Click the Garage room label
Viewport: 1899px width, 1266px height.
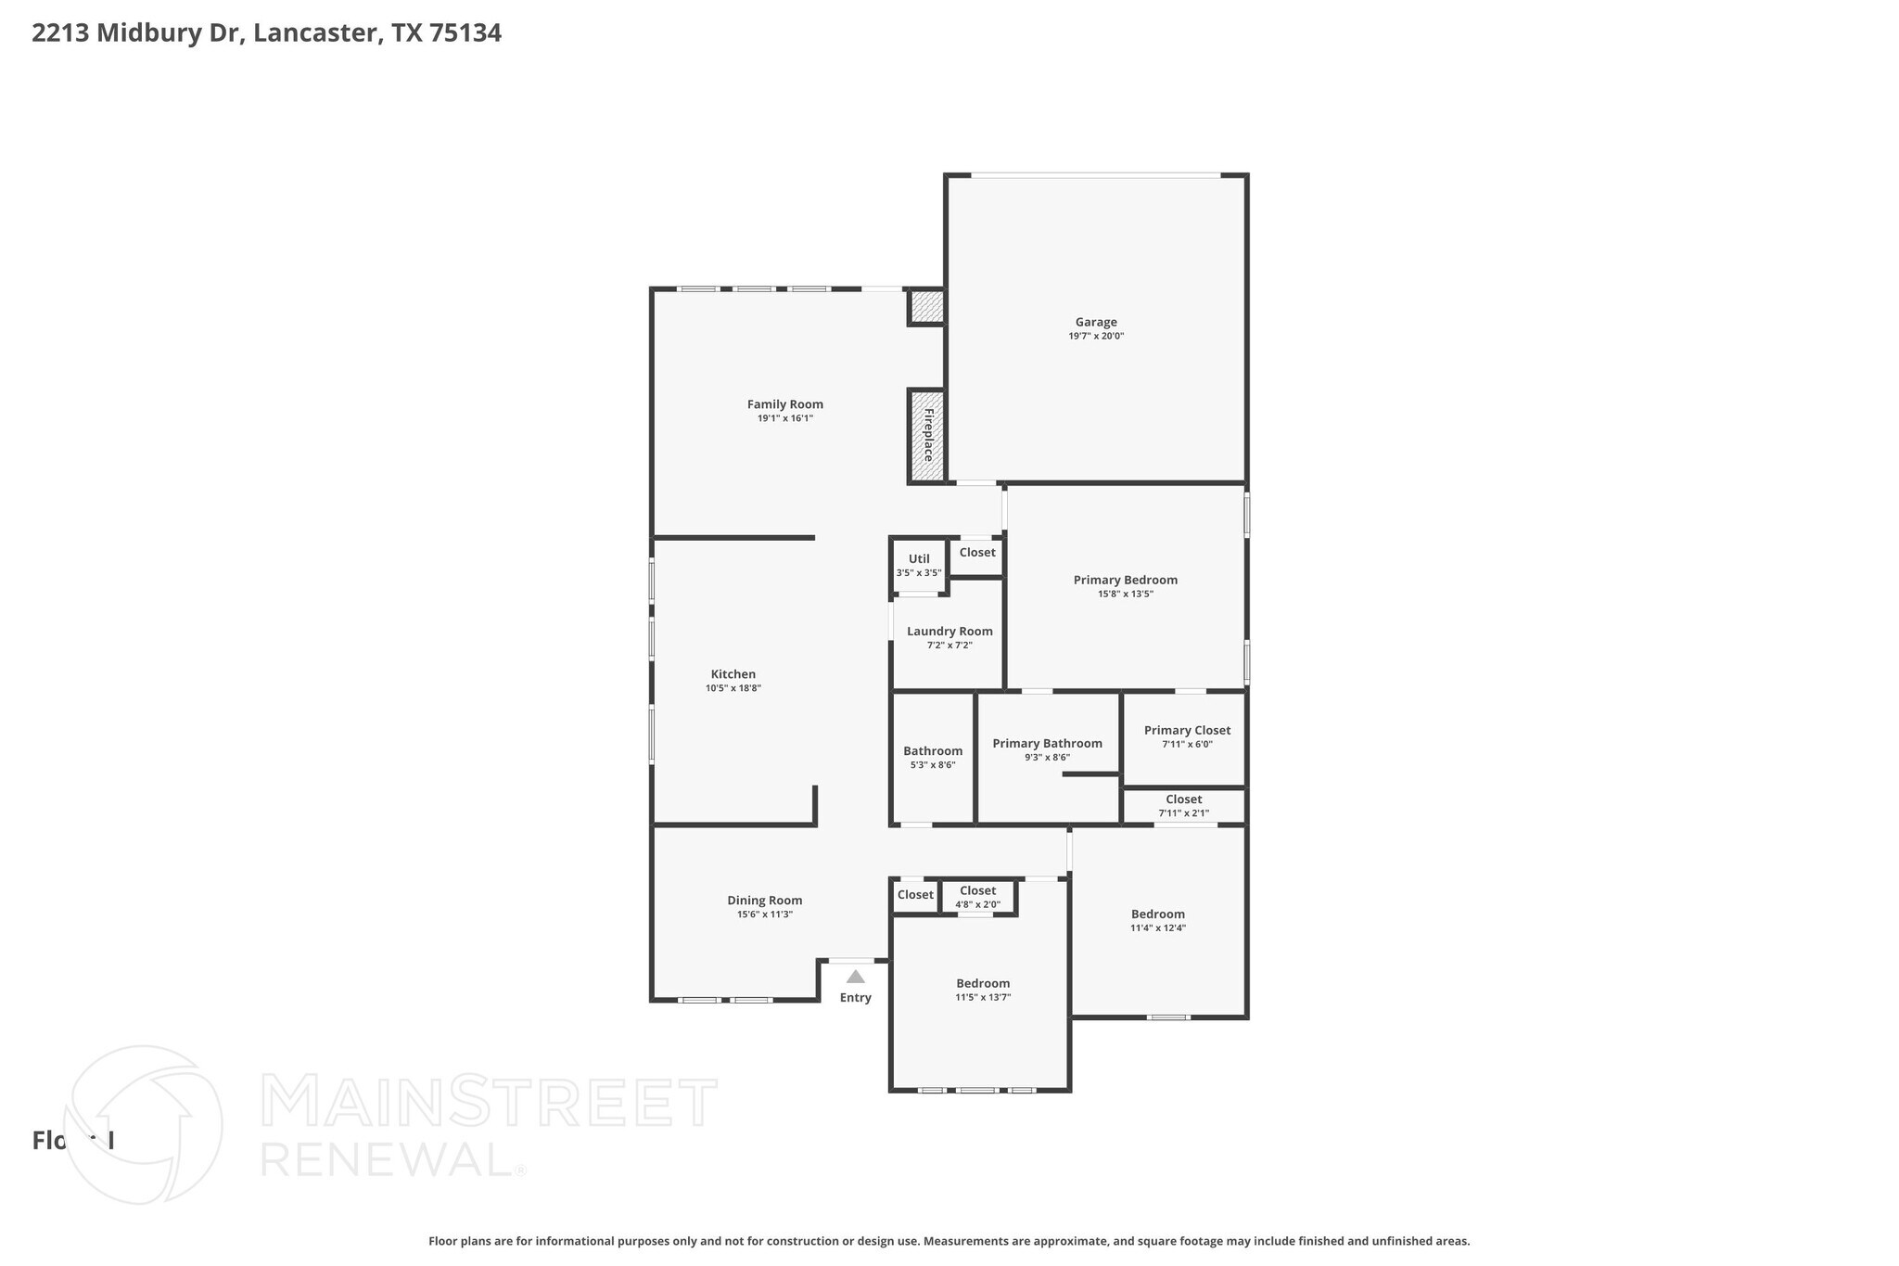click(x=1096, y=322)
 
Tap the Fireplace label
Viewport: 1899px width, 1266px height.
click(x=927, y=435)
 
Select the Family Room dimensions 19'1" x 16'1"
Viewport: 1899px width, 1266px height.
click(x=785, y=418)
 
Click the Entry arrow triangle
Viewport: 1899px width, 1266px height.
click(x=855, y=977)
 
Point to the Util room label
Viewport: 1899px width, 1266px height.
click(x=919, y=558)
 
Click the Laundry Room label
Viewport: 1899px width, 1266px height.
click(x=949, y=631)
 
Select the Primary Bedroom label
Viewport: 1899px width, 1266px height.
click(x=1125, y=580)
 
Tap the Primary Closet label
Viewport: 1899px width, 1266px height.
click(x=1187, y=730)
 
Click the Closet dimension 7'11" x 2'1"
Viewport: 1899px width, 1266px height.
click(x=1183, y=813)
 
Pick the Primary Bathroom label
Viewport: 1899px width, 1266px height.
click(x=1047, y=743)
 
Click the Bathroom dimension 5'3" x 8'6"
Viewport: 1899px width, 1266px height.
click(x=933, y=765)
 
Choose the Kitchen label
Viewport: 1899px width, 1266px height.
click(x=733, y=674)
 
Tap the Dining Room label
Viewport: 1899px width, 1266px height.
click(x=764, y=900)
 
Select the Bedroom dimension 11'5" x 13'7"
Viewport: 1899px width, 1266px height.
click(x=983, y=997)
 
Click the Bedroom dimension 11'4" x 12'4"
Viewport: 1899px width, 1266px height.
click(x=1157, y=927)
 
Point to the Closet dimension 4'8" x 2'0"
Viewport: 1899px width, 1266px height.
click(x=977, y=904)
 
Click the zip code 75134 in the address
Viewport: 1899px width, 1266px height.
click(x=465, y=33)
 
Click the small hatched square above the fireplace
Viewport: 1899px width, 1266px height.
click(x=925, y=306)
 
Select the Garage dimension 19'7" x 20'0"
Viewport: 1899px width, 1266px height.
click(x=1096, y=337)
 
